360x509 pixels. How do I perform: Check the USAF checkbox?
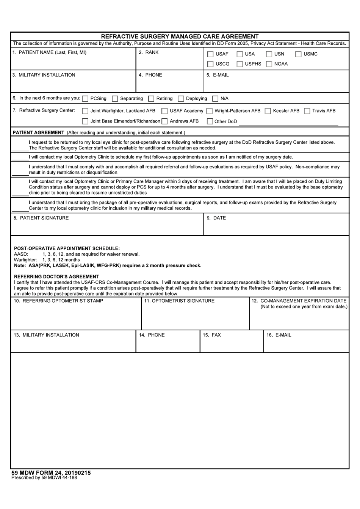point(210,54)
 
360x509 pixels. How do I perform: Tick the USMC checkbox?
point(298,54)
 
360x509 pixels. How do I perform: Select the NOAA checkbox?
point(269,64)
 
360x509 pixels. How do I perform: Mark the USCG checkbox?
point(210,64)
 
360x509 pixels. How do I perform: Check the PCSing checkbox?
point(85,99)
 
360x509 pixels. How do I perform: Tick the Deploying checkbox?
point(181,99)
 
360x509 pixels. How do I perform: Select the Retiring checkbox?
point(151,99)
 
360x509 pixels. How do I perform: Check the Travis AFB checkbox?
point(307,111)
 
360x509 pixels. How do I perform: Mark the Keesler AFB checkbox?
point(268,111)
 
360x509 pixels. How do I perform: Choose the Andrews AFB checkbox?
point(164,121)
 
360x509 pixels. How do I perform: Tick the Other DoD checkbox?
point(210,122)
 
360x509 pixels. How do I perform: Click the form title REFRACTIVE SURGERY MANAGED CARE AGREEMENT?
point(180,36)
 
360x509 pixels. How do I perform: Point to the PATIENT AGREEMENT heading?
point(38,133)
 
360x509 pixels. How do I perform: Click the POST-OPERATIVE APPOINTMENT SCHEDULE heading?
point(67,249)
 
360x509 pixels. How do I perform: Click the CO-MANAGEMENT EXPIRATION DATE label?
point(299,301)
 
